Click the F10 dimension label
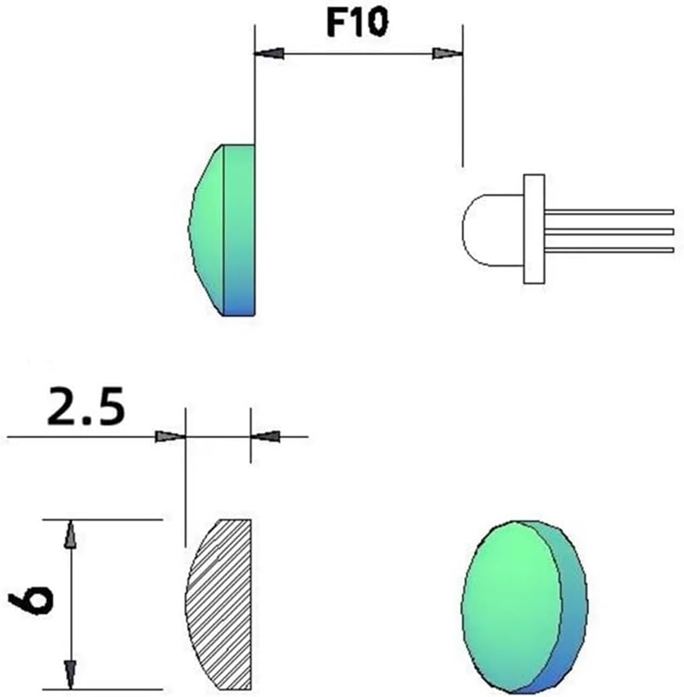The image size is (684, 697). pyautogui.click(x=357, y=22)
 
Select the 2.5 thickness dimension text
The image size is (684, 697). pyautogui.click(x=87, y=406)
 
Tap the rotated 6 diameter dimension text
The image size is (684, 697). pyautogui.click(x=31, y=598)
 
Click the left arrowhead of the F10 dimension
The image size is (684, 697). pyautogui.click(x=269, y=53)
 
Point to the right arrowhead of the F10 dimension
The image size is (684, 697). pyautogui.click(x=447, y=53)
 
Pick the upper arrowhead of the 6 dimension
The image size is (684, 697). pyautogui.click(x=70, y=535)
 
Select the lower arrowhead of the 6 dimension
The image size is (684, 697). pyautogui.click(x=70, y=675)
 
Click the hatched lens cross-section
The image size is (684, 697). pyautogui.click(x=219, y=605)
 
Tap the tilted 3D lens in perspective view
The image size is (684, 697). pyautogui.click(x=525, y=607)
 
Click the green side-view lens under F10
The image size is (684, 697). pyautogui.click(x=222, y=231)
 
